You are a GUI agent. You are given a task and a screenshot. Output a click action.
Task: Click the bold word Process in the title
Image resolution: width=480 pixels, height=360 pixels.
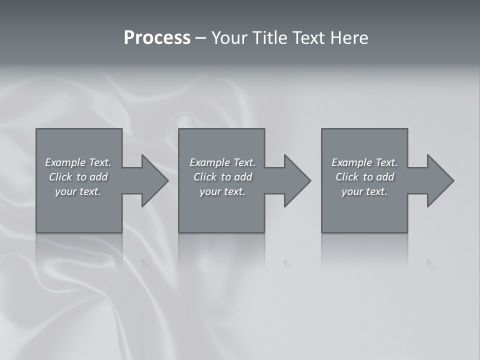[x=157, y=38]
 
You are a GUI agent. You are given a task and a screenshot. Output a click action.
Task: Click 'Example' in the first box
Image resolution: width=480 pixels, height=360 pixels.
[x=65, y=162]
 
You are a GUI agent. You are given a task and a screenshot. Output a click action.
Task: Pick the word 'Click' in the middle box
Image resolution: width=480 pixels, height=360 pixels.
[x=205, y=177]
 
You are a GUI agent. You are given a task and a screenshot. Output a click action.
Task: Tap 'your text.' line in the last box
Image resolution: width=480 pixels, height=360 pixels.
[x=364, y=191]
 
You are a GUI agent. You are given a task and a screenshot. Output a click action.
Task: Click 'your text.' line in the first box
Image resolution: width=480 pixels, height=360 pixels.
[x=78, y=191]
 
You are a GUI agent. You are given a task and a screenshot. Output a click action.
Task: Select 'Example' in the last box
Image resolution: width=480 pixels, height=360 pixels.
[x=352, y=162]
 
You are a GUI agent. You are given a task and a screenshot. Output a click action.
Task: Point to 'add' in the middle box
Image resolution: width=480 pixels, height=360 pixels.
[x=243, y=177]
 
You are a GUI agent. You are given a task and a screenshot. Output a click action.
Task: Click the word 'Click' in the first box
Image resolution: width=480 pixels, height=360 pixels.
[x=60, y=177]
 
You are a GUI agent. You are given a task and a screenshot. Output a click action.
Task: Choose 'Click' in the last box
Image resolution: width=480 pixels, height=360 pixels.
[x=347, y=177]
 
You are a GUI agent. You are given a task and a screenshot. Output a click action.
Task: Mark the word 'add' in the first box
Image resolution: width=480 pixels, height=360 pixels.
[x=98, y=177]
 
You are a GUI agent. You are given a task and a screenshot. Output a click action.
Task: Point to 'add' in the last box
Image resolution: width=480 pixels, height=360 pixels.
[x=385, y=177]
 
